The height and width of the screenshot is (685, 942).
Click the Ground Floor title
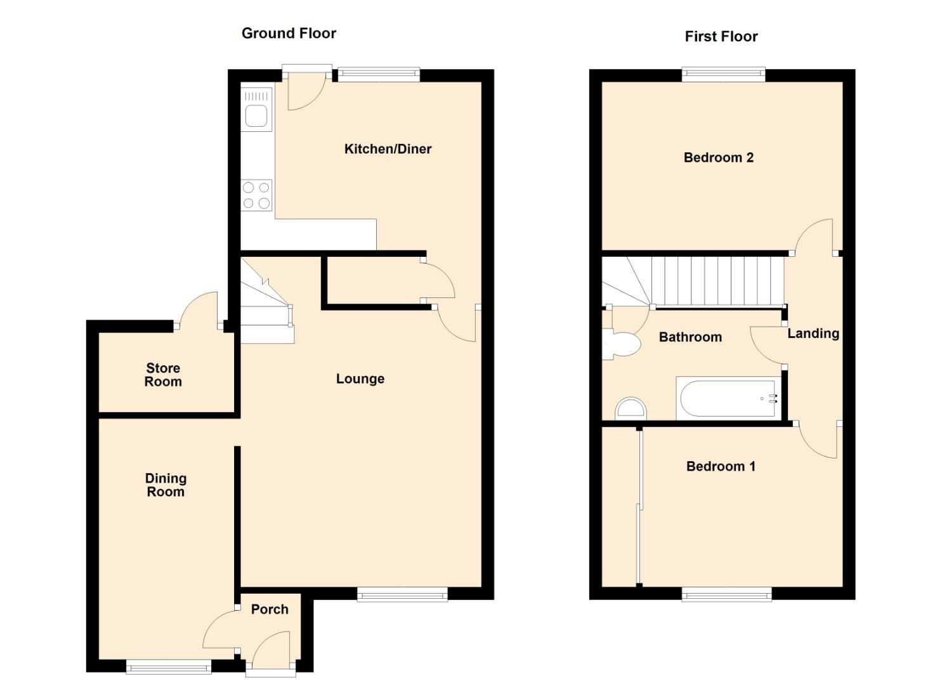289,34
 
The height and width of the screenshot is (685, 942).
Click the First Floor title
721,37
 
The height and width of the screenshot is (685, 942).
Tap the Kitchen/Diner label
388,149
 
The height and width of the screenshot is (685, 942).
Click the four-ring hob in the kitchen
256,195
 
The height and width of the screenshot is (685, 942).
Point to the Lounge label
360,379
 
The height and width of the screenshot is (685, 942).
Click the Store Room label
163,375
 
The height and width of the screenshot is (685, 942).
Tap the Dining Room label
166,485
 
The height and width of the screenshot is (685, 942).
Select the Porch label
270,610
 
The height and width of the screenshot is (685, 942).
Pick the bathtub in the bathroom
728,399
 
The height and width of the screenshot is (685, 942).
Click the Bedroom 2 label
718,158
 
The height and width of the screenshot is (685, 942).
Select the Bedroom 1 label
721,467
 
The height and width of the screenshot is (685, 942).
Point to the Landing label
813,334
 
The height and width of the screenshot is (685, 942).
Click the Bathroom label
690,337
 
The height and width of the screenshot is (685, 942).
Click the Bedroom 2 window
723,75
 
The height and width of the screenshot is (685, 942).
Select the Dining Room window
168,666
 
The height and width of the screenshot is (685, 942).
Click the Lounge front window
402,594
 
